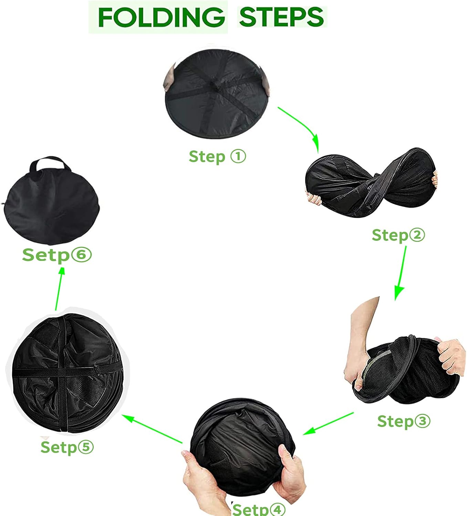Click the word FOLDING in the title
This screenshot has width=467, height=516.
click(162, 17)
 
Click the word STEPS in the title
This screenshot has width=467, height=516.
click(281, 17)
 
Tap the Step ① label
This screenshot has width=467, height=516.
click(217, 157)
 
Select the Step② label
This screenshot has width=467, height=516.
click(398, 235)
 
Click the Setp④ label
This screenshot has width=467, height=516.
click(259, 509)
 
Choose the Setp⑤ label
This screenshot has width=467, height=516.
click(67, 447)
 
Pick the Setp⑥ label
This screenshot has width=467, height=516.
click(57, 255)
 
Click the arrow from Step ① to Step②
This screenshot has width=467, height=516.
click(304, 126)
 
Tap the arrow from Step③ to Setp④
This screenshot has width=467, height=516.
click(329, 423)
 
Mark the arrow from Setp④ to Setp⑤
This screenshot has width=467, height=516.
click(152, 429)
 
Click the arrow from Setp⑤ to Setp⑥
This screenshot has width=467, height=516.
click(60, 289)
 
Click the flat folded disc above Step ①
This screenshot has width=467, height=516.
click(216, 94)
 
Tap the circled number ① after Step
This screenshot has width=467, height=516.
click(238, 156)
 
